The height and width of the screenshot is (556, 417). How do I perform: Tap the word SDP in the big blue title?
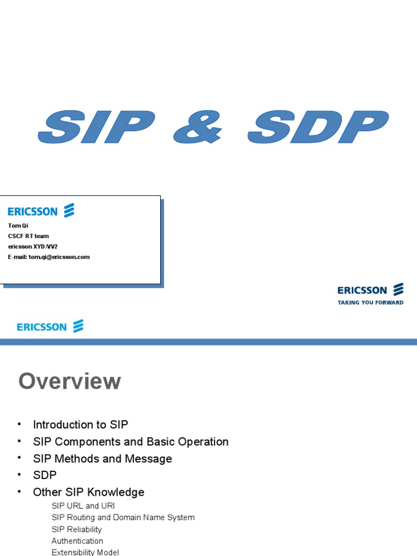(x=318, y=128)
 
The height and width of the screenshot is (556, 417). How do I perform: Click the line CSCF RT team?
(x=28, y=236)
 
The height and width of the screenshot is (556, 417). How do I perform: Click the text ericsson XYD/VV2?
(x=33, y=247)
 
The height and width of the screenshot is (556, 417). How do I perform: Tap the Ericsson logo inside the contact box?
(x=41, y=211)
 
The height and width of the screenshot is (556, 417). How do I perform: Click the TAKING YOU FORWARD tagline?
(x=370, y=302)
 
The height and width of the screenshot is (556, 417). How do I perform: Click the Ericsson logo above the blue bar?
(x=50, y=327)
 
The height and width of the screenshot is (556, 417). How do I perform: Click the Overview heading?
(x=69, y=381)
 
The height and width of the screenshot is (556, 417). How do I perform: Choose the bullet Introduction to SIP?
(x=80, y=425)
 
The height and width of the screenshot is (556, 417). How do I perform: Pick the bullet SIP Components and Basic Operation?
(x=130, y=441)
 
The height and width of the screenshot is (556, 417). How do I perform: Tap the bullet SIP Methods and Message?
(x=102, y=458)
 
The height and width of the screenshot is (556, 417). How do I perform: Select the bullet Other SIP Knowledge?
(x=89, y=492)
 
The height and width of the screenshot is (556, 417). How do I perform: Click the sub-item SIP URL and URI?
(x=83, y=506)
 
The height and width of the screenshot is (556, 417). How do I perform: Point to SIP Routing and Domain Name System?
(x=123, y=517)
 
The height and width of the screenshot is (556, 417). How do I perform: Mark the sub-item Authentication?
(x=77, y=541)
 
